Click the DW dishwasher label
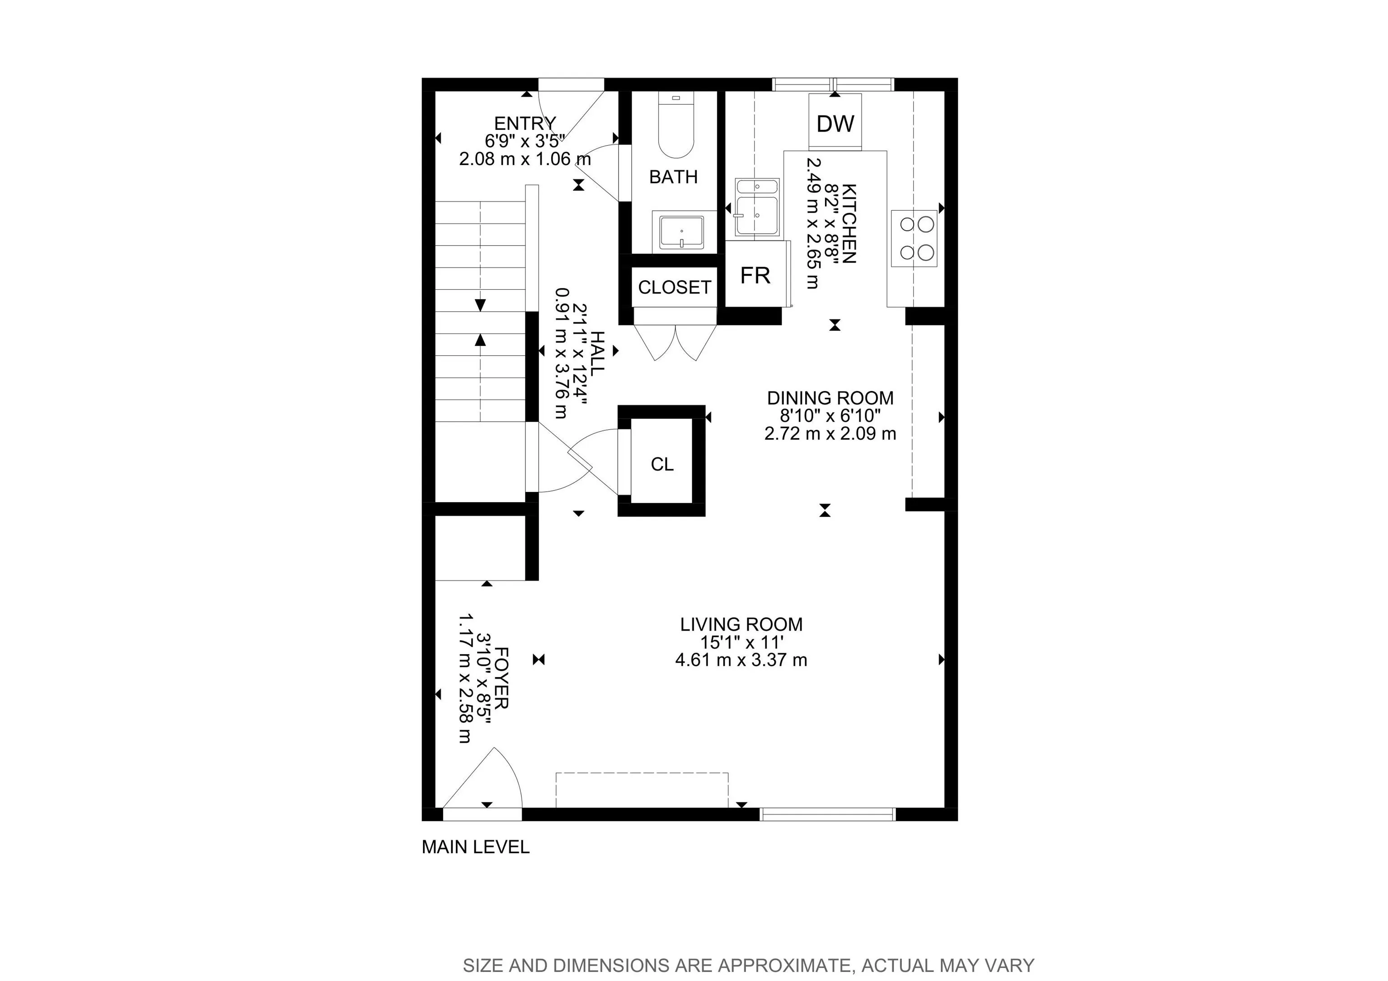click(835, 124)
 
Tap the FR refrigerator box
click(755, 276)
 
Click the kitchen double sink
click(757, 208)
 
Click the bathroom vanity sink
click(681, 231)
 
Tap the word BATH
click(674, 177)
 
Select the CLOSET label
click(674, 287)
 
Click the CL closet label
click(662, 464)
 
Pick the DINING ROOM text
click(830, 398)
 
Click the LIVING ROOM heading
click(741, 624)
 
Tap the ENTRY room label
click(525, 123)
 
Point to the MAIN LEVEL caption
click(475, 847)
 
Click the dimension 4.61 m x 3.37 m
click(741, 660)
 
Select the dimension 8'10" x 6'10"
click(830, 416)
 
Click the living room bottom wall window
click(827, 814)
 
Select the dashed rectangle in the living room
click(642, 789)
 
